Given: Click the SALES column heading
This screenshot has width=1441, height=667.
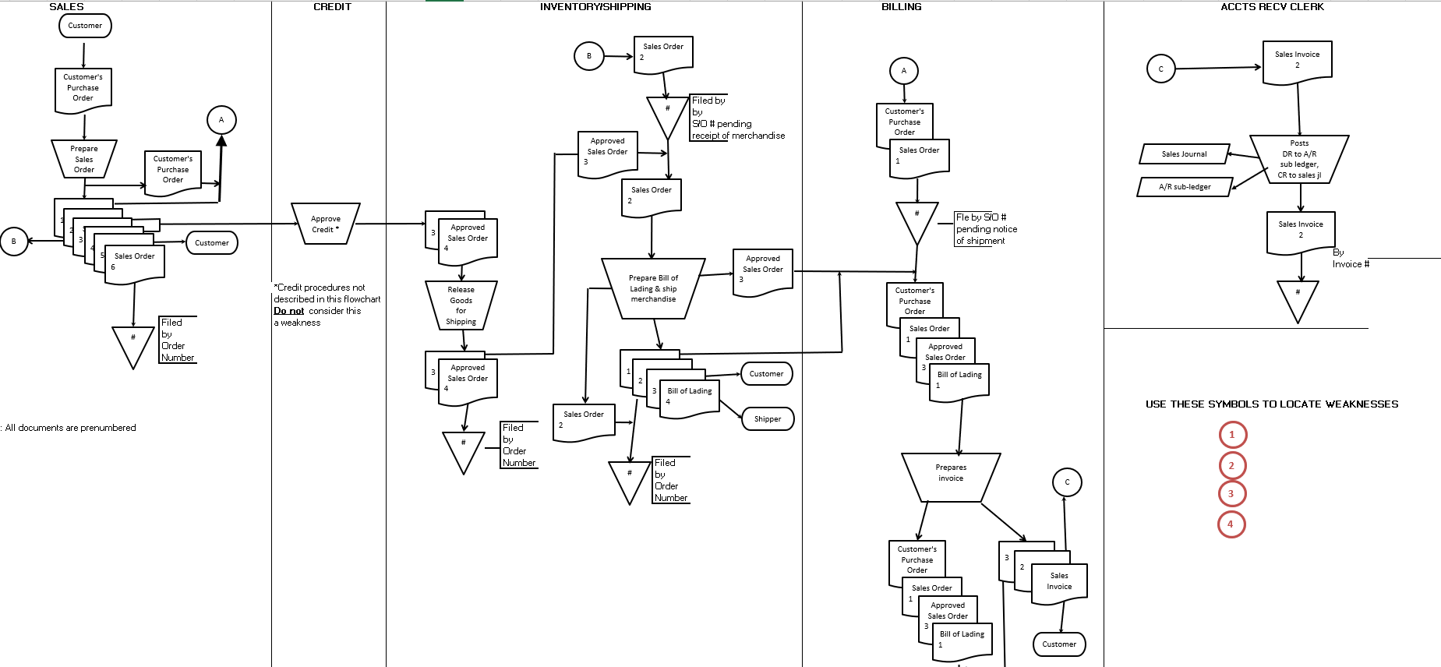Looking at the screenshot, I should click(x=66, y=6).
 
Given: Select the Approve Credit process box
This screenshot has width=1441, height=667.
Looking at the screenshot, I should click(x=326, y=224).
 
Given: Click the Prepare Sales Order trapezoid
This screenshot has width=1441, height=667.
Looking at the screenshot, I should click(x=84, y=159).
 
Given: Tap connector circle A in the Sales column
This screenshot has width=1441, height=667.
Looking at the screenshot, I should click(x=221, y=120).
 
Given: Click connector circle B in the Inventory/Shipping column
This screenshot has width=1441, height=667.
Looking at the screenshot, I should click(x=589, y=56).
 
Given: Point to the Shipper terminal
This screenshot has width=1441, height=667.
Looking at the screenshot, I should click(x=768, y=419).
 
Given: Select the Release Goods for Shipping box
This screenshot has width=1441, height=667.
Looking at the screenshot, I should click(x=461, y=305).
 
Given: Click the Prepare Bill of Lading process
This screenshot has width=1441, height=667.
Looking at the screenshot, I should click(x=653, y=288).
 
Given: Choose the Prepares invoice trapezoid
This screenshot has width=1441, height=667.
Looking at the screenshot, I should click(x=951, y=474).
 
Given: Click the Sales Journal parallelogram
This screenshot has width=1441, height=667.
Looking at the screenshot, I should click(x=1184, y=154).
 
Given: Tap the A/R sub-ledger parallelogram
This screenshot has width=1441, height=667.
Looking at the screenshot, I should click(x=1185, y=187).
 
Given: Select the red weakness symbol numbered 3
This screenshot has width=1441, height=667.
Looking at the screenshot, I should click(x=1231, y=493).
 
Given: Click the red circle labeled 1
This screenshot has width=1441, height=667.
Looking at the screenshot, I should click(x=1232, y=435).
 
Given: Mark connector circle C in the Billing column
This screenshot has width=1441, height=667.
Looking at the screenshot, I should click(x=1067, y=482).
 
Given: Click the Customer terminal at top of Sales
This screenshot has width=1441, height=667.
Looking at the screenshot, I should click(x=85, y=26).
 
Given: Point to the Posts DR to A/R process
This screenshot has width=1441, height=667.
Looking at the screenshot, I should click(x=1299, y=160).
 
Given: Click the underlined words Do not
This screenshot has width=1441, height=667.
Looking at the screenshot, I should click(x=288, y=311).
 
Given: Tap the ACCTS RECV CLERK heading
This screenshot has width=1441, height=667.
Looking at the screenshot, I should click(x=1272, y=6).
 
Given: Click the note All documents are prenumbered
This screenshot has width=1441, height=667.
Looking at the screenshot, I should click(x=70, y=428).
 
